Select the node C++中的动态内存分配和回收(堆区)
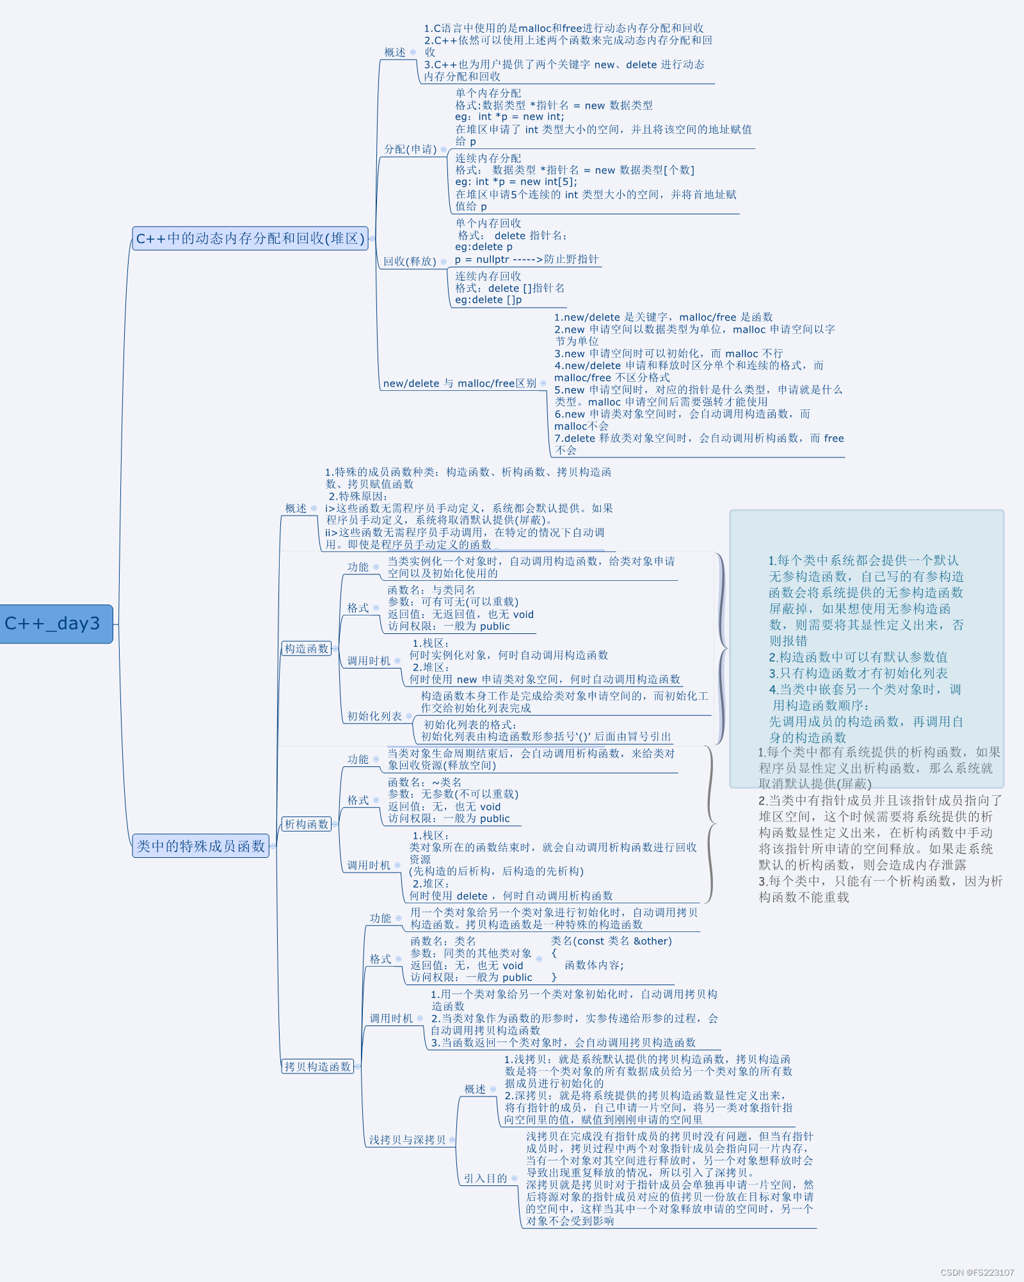click(250, 239)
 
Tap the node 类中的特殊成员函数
click(200, 846)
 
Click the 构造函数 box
click(307, 649)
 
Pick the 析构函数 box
click(307, 824)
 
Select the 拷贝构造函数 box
click(317, 1066)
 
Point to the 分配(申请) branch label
click(410, 149)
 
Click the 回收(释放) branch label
click(410, 261)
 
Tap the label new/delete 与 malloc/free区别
click(460, 383)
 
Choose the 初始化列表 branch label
click(374, 716)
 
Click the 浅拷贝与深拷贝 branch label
click(407, 1139)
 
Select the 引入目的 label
click(485, 1178)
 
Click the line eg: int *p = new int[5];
click(516, 182)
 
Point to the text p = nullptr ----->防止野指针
click(526, 259)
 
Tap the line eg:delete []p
click(488, 299)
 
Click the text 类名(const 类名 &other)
click(611, 941)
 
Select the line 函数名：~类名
click(424, 782)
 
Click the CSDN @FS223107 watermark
click(977, 1272)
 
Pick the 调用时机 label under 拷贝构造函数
click(391, 1018)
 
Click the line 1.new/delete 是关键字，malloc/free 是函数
click(663, 317)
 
